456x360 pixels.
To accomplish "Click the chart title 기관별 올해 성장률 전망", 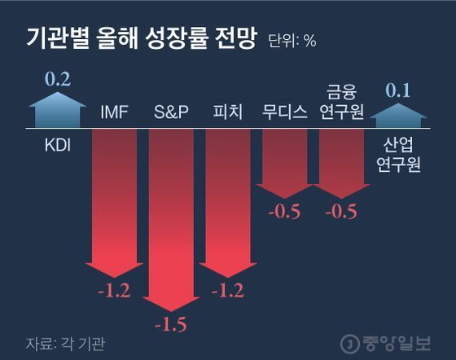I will tap(141, 37).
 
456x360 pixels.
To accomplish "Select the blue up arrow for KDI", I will tap(57, 112).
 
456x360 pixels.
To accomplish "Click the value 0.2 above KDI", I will tap(57, 80).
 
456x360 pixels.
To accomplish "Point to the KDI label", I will tap(57, 147).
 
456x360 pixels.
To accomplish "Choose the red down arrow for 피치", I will tap(227, 204).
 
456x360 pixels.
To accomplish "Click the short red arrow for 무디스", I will tap(284, 163).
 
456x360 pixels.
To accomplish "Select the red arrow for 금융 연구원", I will tap(342, 163).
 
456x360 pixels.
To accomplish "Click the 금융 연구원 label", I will tap(342, 103).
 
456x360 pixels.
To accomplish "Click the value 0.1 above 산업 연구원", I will tap(400, 90).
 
